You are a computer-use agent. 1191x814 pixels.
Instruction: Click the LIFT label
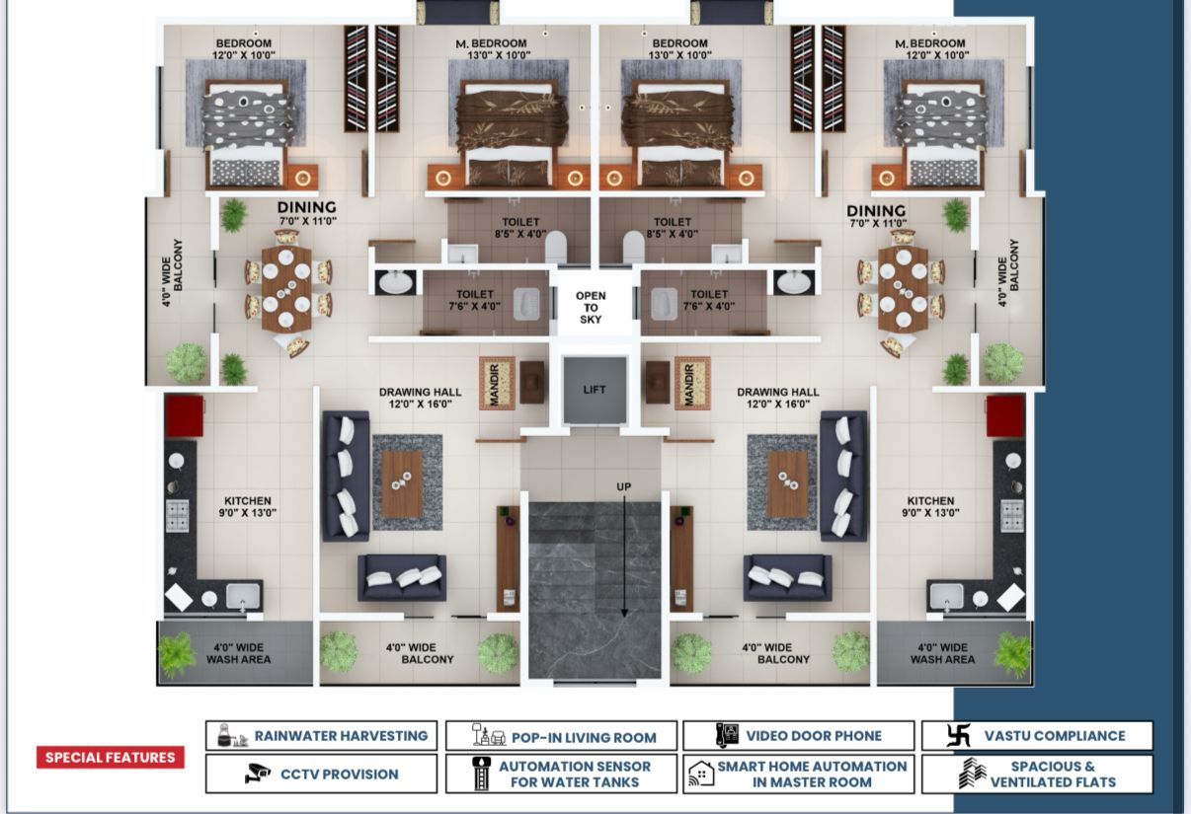click(x=594, y=390)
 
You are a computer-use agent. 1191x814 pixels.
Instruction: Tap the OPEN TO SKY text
click(x=591, y=307)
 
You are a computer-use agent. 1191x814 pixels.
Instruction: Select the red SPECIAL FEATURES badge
click(x=110, y=757)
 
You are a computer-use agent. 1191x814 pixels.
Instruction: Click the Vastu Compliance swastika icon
click(x=958, y=735)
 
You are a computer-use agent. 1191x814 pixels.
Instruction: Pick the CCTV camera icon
click(x=258, y=774)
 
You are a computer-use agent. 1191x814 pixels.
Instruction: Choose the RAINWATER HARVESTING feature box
click(x=321, y=735)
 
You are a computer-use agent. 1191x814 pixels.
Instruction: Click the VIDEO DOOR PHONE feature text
click(x=814, y=736)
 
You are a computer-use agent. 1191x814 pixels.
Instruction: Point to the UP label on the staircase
click(x=624, y=486)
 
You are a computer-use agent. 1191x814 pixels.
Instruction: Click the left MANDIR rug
click(x=497, y=383)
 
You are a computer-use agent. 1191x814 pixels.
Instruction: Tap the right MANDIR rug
click(x=693, y=383)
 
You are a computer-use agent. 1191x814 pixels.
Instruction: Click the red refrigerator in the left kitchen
click(x=184, y=416)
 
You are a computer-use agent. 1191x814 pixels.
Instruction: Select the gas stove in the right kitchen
click(x=1012, y=516)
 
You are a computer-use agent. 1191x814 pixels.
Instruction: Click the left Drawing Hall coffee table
click(x=402, y=483)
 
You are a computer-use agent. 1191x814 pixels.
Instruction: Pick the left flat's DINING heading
click(x=307, y=207)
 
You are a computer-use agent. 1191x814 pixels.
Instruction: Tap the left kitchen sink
click(x=243, y=596)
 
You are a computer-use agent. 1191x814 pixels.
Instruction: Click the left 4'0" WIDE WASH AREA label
click(x=238, y=653)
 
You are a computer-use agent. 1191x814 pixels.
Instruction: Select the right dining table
click(x=903, y=288)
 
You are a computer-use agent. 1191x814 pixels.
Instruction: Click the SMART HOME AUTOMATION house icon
click(x=701, y=774)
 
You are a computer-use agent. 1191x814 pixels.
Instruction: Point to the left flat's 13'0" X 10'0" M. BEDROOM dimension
click(x=499, y=55)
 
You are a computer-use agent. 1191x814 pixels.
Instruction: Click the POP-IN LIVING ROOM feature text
click(x=584, y=737)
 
